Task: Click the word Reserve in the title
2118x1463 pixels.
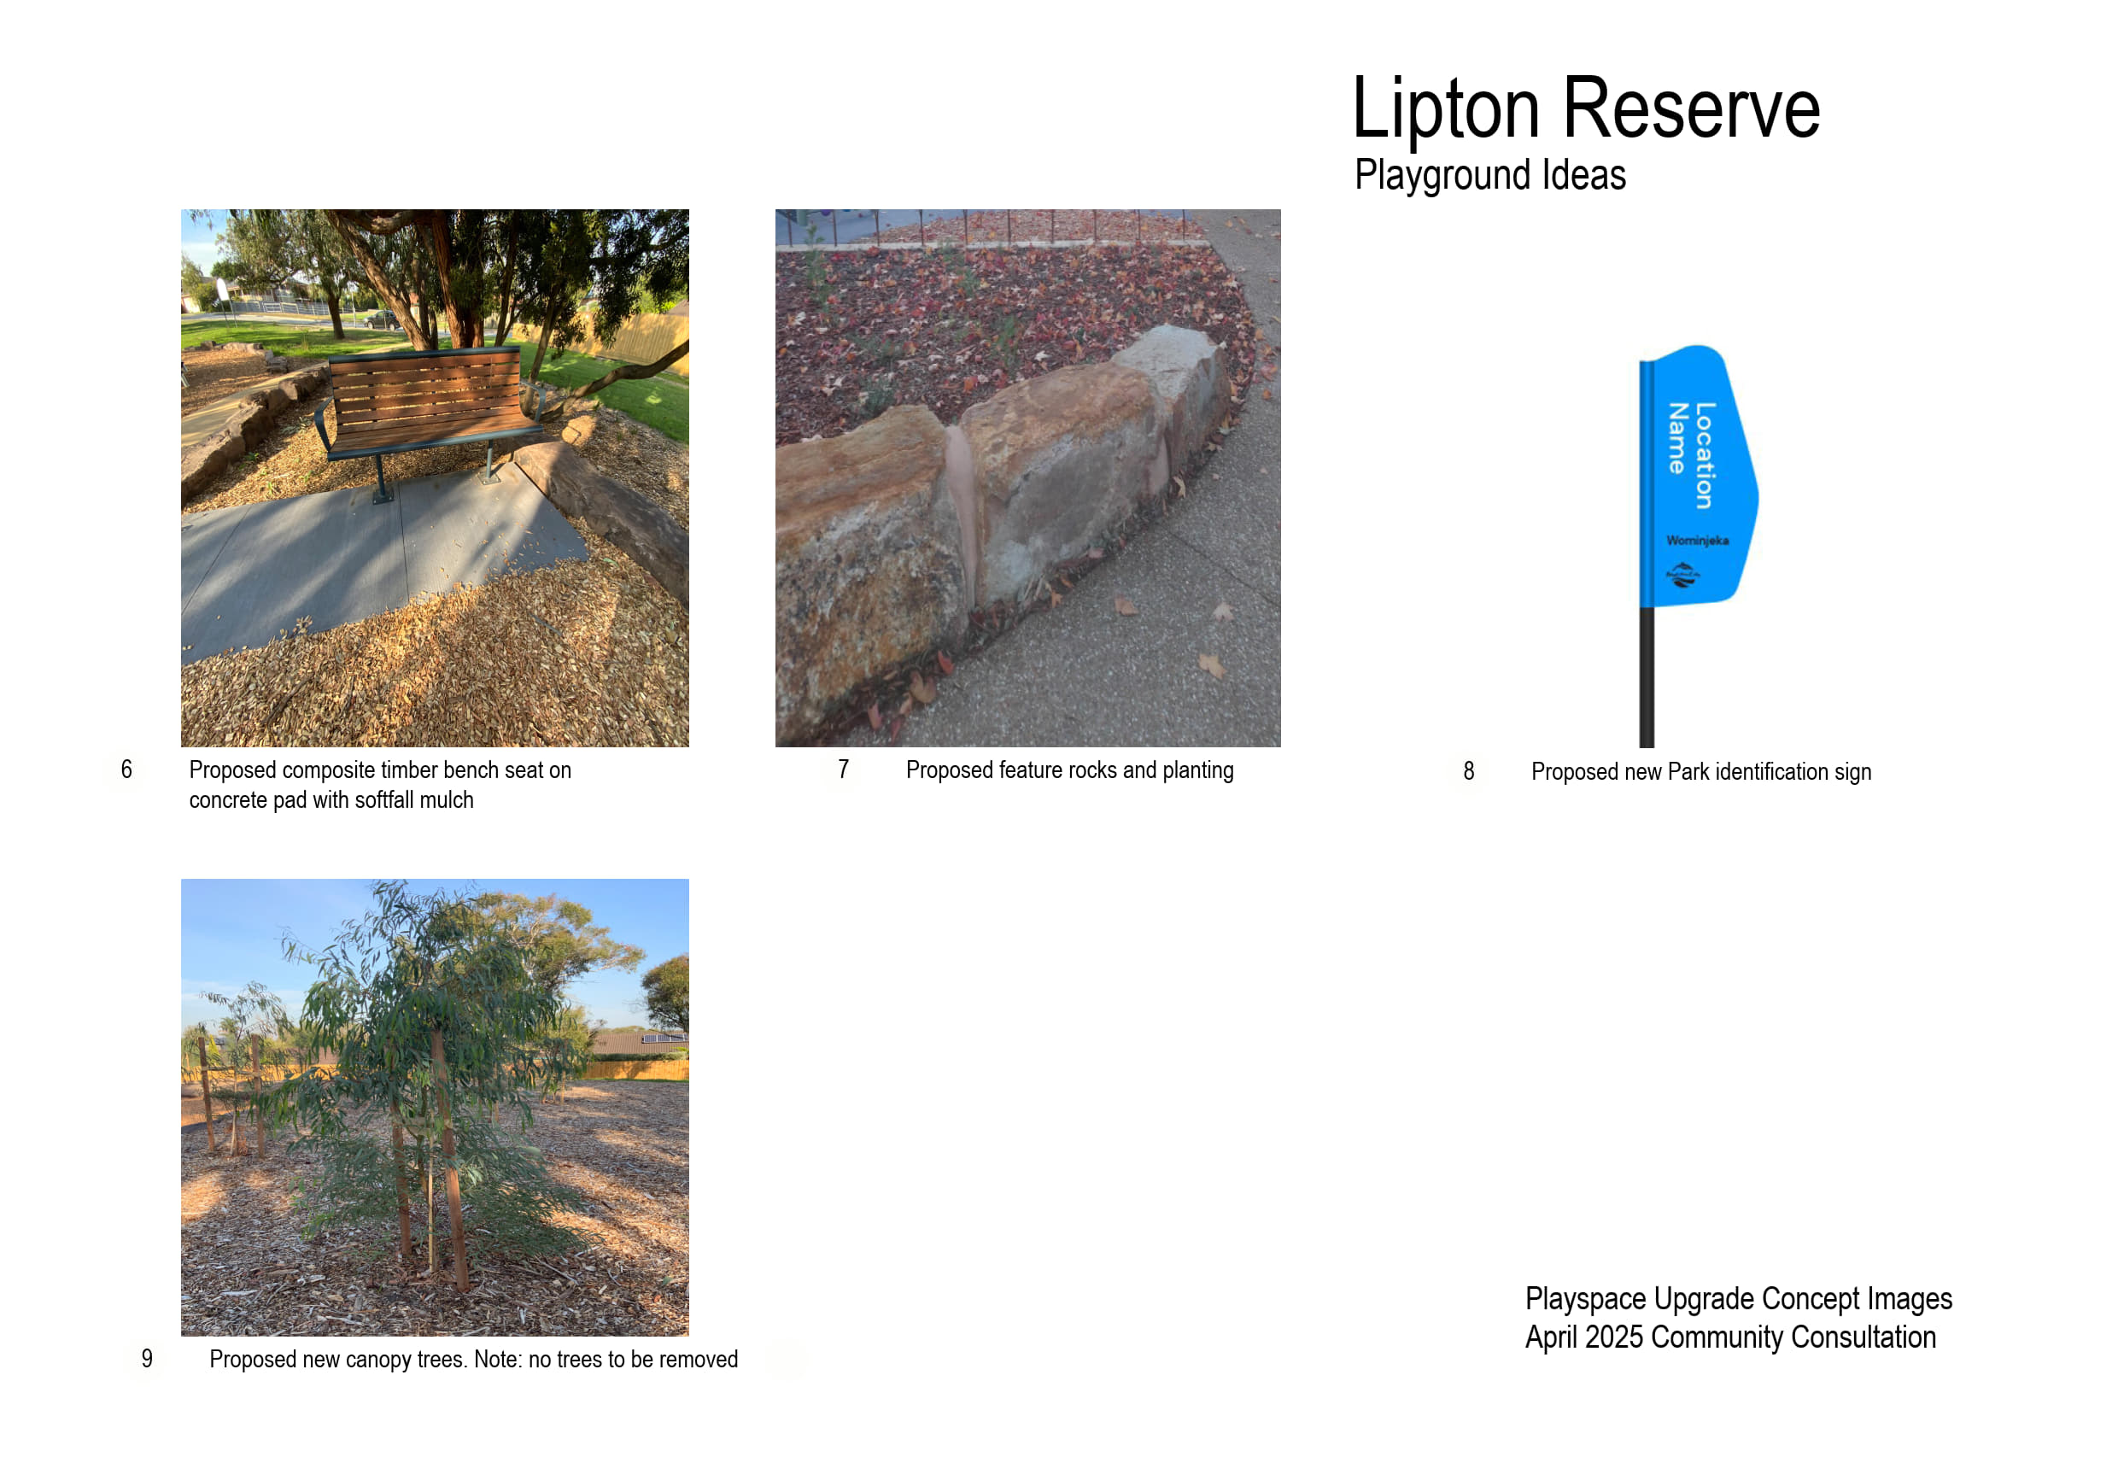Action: (1690, 108)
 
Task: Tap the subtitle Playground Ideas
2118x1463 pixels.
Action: (1489, 174)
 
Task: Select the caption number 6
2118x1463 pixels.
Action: (126, 770)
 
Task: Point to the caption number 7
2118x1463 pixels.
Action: (843, 770)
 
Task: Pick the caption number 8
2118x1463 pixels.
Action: (1468, 771)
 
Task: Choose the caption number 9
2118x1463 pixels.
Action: (147, 1359)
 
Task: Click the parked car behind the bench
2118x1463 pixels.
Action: (382, 319)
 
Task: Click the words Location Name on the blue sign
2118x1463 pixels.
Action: (1691, 454)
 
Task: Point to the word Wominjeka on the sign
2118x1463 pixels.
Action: (1697, 540)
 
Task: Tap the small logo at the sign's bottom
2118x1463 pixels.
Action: (1682, 575)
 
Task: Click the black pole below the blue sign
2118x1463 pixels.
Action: (1646, 676)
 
